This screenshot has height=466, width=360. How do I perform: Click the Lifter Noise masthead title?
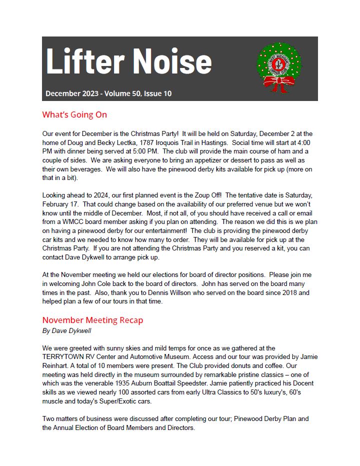click(x=128, y=62)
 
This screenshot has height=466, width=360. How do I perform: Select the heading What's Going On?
click(x=74, y=115)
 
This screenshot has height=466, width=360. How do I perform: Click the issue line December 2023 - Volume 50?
click(x=108, y=93)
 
